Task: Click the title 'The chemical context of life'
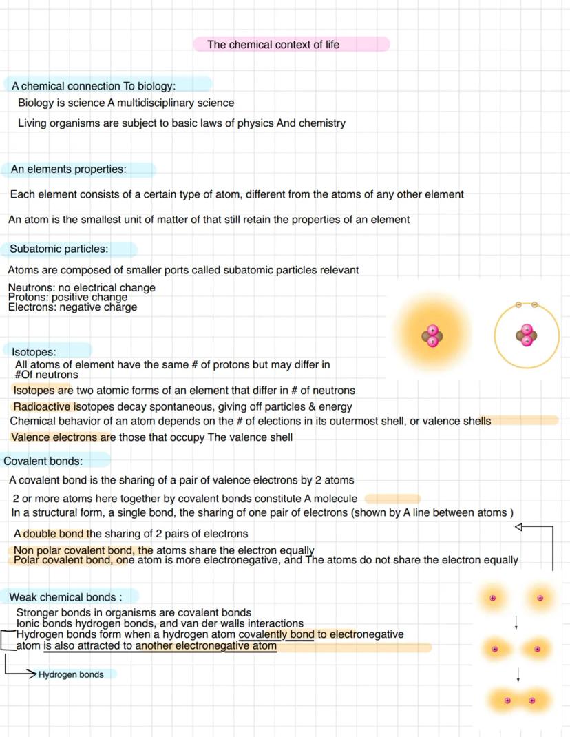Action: [273, 45]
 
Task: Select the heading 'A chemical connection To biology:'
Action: [94, 86]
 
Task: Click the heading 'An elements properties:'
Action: [68, 169]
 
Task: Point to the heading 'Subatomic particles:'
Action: [59, 249]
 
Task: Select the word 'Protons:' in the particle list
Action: [28, 298]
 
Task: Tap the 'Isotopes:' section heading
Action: [34, 352]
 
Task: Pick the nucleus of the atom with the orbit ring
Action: [527, 335]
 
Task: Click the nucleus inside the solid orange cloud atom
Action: [432, 336]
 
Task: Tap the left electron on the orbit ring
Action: [518, 304]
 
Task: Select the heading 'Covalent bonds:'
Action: [43, 461]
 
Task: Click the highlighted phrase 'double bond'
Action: [53, 534]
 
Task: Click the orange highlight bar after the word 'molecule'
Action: [392, 498]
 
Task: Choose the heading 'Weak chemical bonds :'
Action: [65, 597]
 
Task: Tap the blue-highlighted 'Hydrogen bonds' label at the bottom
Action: [71, 675]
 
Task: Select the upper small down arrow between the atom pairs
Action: [516, 623]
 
